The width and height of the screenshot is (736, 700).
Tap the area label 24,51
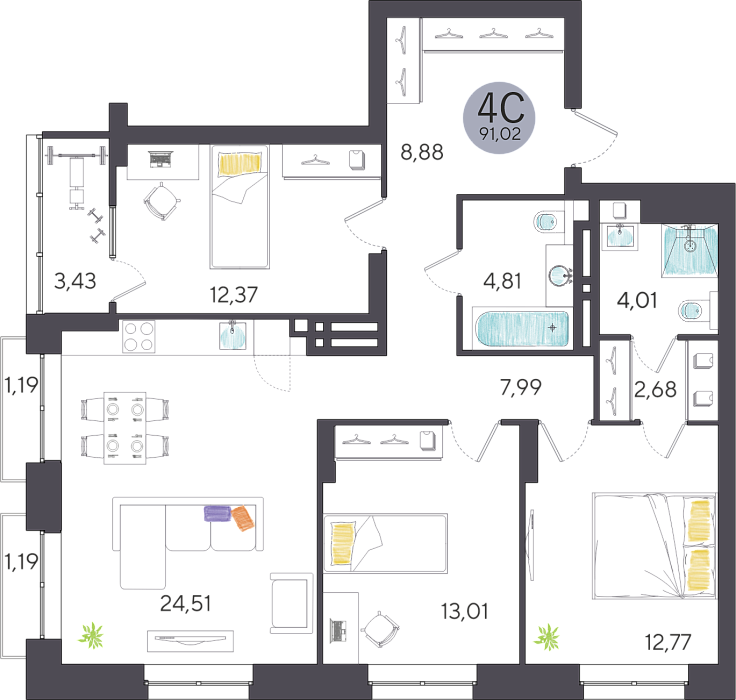click(x=185, y=603)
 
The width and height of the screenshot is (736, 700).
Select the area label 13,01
click(x=464, y=611)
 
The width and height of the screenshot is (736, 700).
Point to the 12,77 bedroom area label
click(x=668, y=642)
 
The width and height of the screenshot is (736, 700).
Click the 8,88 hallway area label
click(x=422, y=152)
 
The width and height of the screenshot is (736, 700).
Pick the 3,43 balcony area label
click(x=75, y=281)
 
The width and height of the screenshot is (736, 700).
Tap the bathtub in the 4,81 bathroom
click(x=522, y=328)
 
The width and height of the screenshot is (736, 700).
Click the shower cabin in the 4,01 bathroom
click(x=690, y=249)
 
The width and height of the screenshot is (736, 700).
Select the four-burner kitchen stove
click(x=138, y=336)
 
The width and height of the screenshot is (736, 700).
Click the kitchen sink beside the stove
click(x=232, y=335)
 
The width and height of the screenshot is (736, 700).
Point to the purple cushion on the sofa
click(x=217, y=513)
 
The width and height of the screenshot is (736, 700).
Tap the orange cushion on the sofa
click(x=243, y=518)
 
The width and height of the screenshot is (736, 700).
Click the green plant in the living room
click(x=91, y=635)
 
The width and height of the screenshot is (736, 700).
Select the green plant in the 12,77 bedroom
click(x=547, y=638)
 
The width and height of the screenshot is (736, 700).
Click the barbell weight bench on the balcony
click(x=77, y=176)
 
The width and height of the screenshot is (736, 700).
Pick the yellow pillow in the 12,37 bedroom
click(x=240, y=164)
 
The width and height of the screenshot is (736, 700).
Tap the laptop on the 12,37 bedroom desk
click(x=161, y=159)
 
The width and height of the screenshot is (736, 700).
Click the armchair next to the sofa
click(x=291, y=603)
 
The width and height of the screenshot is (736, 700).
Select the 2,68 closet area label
click(x=655, y=389)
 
